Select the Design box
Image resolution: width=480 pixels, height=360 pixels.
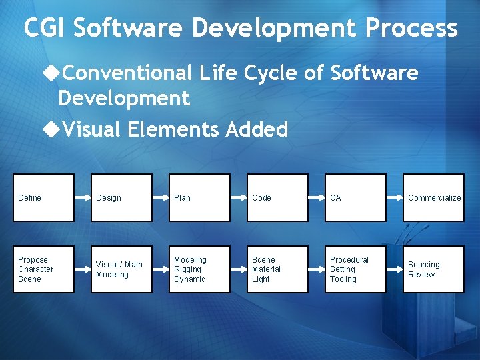click(122, 197)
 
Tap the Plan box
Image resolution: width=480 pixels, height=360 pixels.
click(200, 197)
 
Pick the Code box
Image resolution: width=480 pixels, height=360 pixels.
click(278, 197)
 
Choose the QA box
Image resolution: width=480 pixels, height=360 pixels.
click(356, 197)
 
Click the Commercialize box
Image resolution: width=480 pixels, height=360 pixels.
click(434, 197)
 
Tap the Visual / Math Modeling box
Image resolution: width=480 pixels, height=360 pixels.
click(122, 269)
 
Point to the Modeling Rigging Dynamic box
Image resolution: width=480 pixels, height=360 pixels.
click(200, 269)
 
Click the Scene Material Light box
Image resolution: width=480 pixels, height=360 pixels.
click(278, 269)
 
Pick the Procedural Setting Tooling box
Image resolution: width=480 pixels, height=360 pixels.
click(356, 269)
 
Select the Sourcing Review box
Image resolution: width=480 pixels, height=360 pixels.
click(434, 269)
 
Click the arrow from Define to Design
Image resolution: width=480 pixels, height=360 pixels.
click(83, 197)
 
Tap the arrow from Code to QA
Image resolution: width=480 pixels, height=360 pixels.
click(317, 197)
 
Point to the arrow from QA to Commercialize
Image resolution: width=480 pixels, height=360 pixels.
click(395, 197)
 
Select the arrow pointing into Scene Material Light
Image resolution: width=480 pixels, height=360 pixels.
click(239, 269)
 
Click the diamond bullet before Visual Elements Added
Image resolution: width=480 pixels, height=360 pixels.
click(50, 129)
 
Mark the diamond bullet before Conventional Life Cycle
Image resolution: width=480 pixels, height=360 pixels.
click(50, 73)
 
